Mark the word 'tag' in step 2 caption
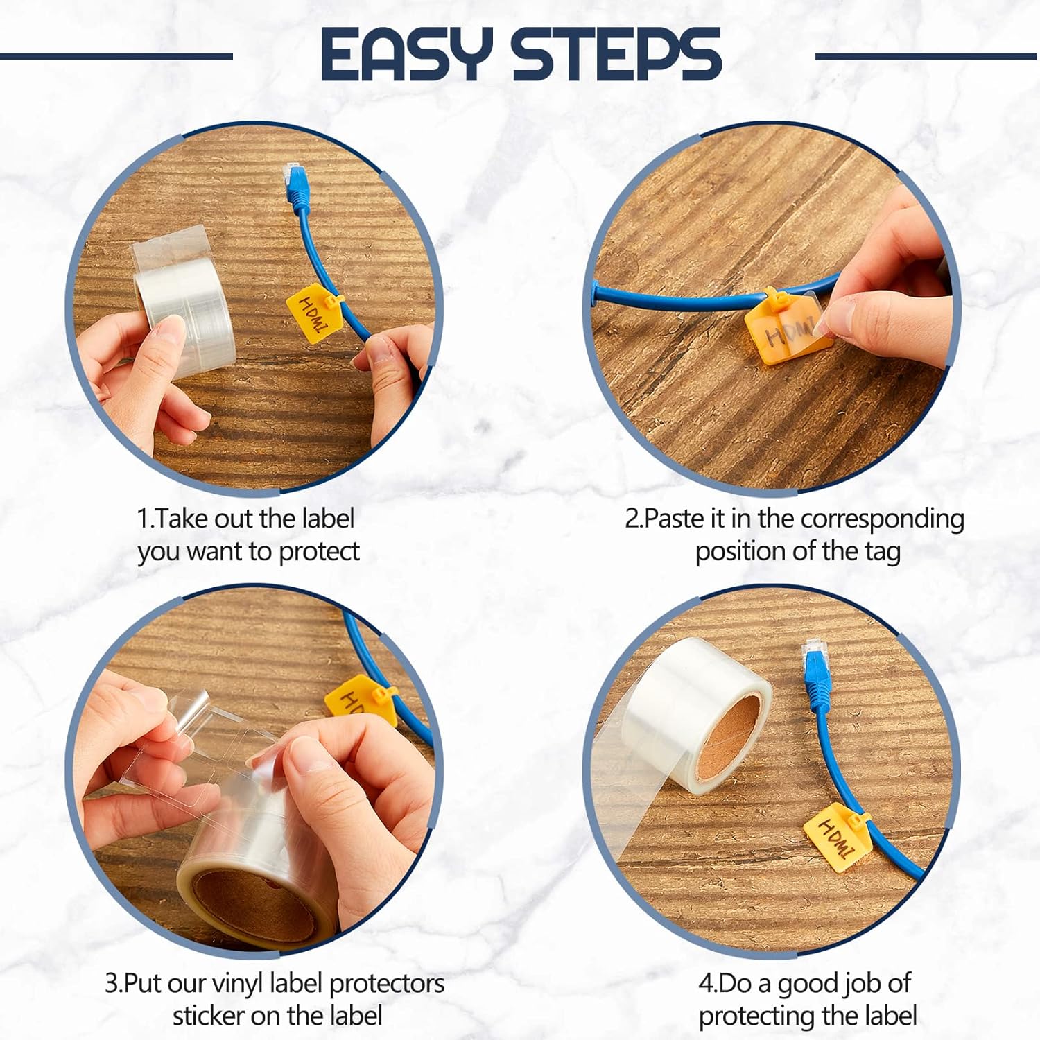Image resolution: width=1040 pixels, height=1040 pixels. click(x=882, y=553)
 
